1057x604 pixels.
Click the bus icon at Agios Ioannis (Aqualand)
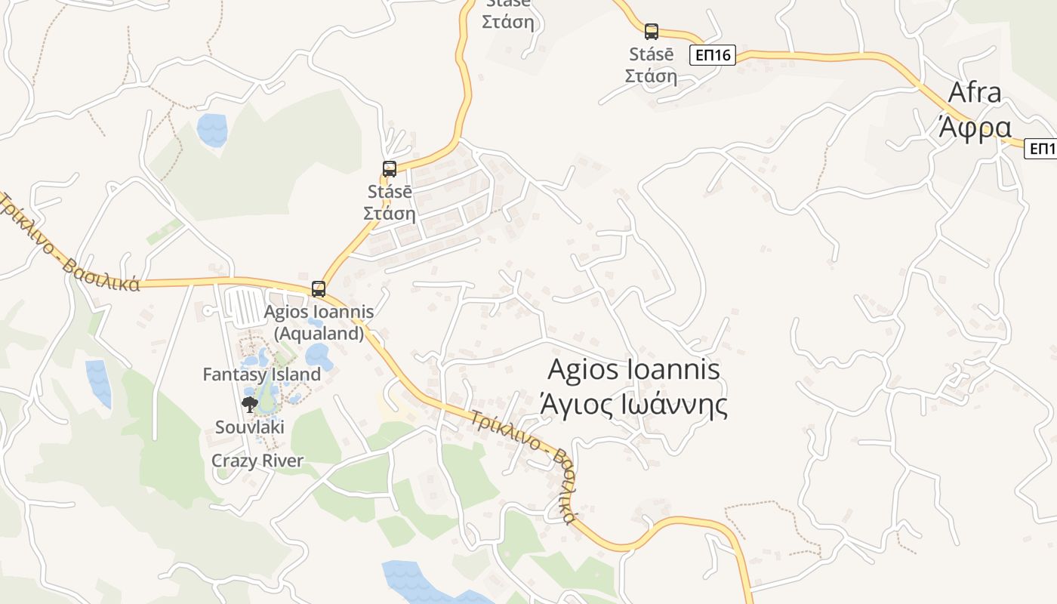coord(319,288)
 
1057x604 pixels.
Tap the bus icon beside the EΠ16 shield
coord(652,32)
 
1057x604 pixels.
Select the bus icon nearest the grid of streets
coord(390,169)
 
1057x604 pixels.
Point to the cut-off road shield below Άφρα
coord(1042,149)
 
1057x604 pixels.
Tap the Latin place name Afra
coord(974,93)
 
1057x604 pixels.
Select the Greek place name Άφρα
coord(974,128)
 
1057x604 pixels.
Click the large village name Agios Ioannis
coord(633,370)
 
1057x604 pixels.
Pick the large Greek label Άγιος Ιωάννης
coord(633,405)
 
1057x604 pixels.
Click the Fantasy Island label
coord(262,374)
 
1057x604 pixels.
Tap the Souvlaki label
coord(250,427)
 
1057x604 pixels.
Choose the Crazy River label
coord(257,461)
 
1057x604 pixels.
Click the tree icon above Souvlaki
coord(249,405)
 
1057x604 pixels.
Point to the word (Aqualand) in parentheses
coord(319,333)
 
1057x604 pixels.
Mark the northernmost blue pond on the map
coord(212,129)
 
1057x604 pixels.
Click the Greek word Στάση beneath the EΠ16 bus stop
coord(651,75)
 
